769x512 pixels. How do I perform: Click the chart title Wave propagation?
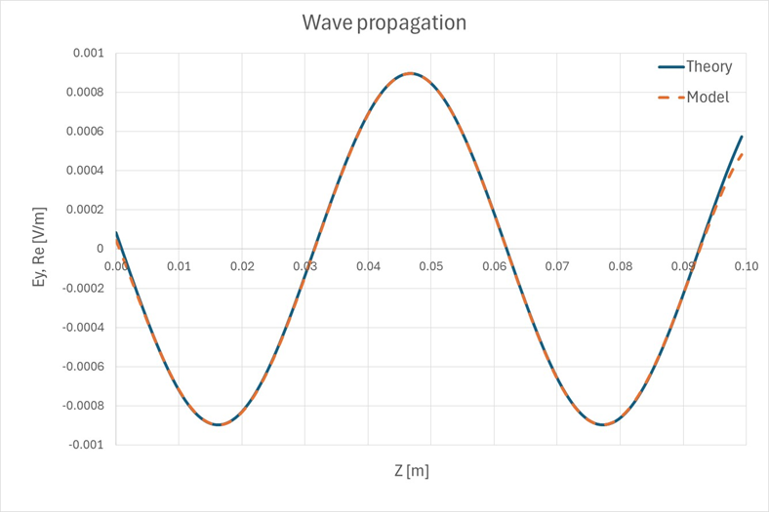(384, 21)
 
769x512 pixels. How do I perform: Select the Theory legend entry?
(708, 67)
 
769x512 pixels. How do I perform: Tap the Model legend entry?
(708, 98)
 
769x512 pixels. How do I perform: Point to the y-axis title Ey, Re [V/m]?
(40, 248)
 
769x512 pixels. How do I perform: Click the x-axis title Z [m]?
(411, 471)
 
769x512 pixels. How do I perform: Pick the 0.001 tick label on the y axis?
(88, 53)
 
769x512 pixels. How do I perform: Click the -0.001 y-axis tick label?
(86, 445)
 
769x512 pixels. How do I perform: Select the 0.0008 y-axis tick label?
(85, 92)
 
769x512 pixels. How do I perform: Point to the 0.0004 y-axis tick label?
(85, 171)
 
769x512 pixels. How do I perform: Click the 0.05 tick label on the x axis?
(430, 265)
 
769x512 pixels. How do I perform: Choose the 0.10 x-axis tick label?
(746, 265)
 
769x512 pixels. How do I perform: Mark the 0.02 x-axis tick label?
(242, 265)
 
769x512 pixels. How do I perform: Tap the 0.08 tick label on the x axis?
(620, 265)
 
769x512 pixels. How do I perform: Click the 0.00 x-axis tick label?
(116, 265)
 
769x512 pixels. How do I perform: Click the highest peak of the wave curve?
(411, 73)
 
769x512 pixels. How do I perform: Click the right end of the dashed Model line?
(743, 153)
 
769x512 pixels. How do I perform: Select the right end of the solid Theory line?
(743, 136)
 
